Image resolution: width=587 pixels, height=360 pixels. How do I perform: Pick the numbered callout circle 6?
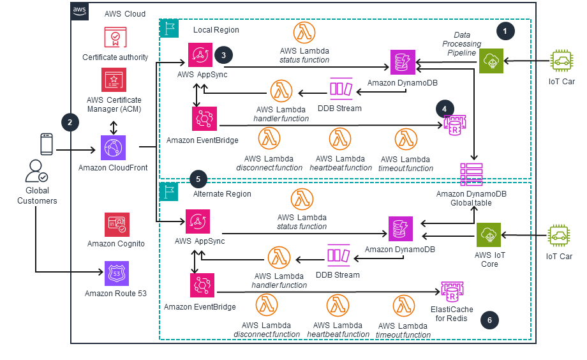point(489,319)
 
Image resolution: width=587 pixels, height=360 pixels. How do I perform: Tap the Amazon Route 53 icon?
point(117,273)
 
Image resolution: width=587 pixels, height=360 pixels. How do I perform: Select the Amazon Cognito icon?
point(117,225)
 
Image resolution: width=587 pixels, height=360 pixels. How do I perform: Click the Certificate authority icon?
point(115,38)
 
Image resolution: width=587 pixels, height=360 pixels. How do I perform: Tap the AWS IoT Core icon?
point(489,236)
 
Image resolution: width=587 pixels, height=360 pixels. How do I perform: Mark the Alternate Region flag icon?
point(170,192)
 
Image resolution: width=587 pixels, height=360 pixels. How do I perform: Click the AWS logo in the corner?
point(80,11)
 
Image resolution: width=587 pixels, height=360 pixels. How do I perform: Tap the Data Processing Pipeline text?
point(461,43)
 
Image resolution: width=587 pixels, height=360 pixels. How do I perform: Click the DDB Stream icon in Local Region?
point(340,89)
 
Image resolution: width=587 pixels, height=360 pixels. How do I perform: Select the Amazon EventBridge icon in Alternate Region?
point(202,285)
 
